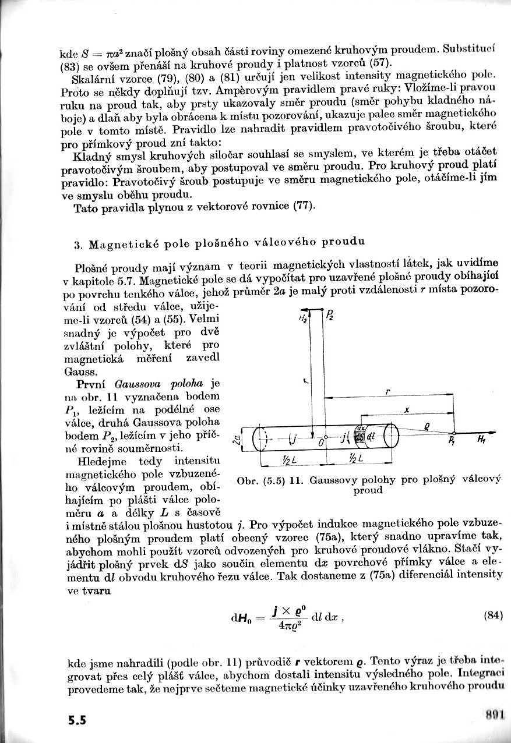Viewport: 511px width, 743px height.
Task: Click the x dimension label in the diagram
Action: coord(406,411)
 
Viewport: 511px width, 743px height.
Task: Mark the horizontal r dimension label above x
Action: coord(387,393)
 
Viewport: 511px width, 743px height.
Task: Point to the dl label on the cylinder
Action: coord(371,437)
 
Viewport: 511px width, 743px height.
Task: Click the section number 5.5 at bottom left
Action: coord(76,720)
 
